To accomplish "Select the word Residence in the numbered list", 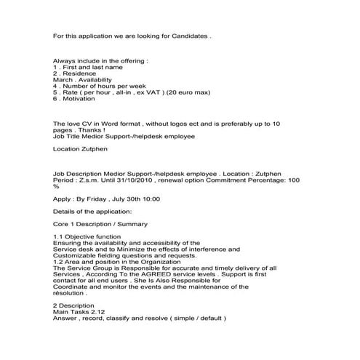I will [x=76, y=73].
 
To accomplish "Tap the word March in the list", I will [x=63, y=79].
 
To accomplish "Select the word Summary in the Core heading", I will [x=131, y=224].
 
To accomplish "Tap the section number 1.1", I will [x=58, y=237].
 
